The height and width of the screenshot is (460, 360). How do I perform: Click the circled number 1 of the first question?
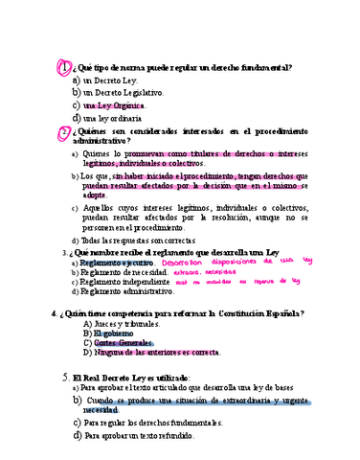(64, 69)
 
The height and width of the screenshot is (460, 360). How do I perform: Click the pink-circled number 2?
(64, 131)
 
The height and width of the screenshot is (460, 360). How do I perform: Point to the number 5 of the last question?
(64, 378)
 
